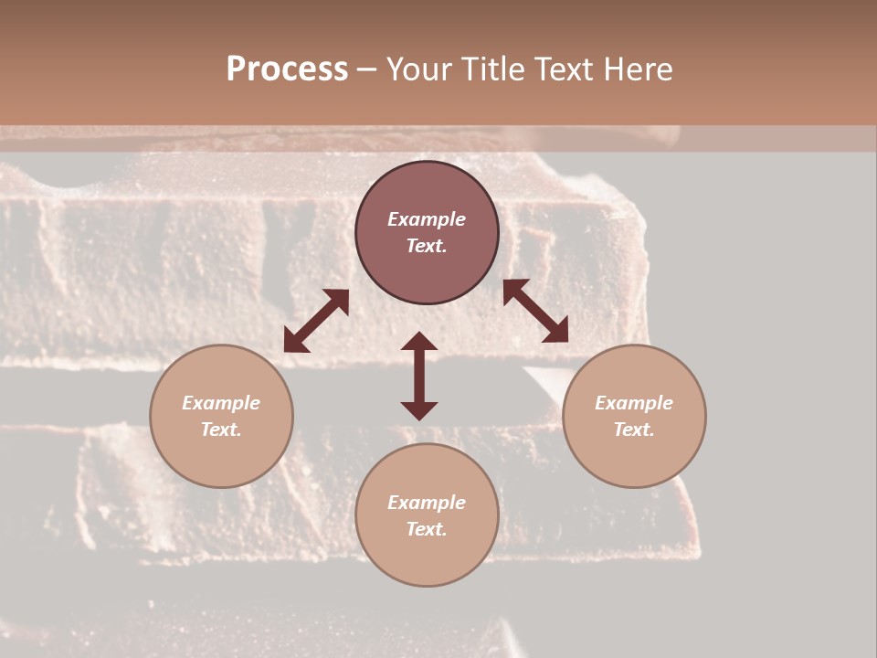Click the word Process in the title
point(287,69)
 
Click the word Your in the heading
point(418,69)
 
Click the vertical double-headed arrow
point(419,376)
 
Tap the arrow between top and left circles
point(316,321)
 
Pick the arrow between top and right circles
point(535,311)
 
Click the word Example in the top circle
point(427,219)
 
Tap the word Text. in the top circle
point(427,246)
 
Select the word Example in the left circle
point(221,403)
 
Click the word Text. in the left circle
point(221,430)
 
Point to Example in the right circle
point(634,403)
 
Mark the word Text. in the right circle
point(634,430)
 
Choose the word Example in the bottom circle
point(427,503)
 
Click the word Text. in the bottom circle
point(427,529)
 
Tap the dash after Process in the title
point(367,70)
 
